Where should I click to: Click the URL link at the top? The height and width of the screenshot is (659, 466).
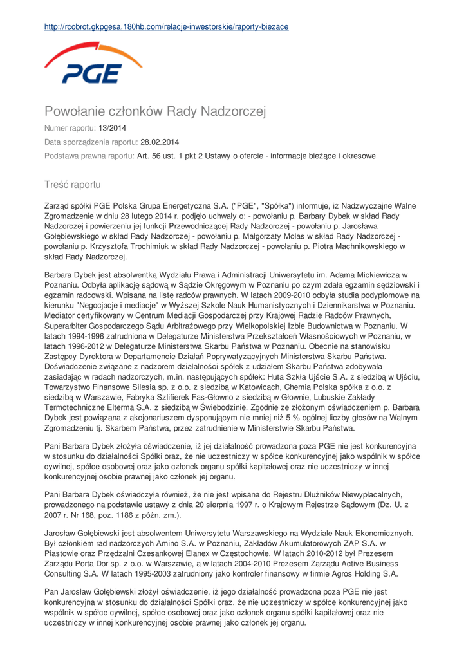point(166,27)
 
